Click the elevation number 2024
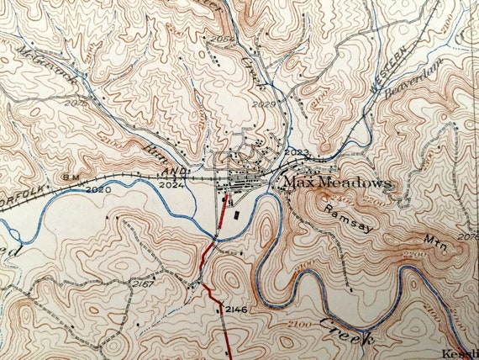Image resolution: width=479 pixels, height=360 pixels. [x=171, y=183]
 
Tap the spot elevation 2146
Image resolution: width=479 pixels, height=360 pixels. [x=235, y=310]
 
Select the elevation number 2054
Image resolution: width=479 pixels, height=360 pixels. [x=222, y=39]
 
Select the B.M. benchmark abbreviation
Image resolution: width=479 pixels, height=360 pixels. [x=73, y=177]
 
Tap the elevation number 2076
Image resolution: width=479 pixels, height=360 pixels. [x=467, y=238]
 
